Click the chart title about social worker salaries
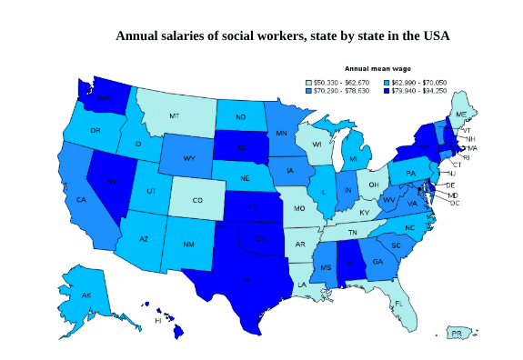coord(282,36)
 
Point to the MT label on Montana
coord(174,116)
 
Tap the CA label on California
coord(80,200)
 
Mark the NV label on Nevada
coord(113,182)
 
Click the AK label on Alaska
coord(85,296)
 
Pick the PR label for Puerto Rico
coord(458,334)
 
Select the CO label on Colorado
coord(197,201)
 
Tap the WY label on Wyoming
coord(189,158)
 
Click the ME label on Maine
coord(461,114)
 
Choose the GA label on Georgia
coord(377,262)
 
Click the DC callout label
coord(454,203)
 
